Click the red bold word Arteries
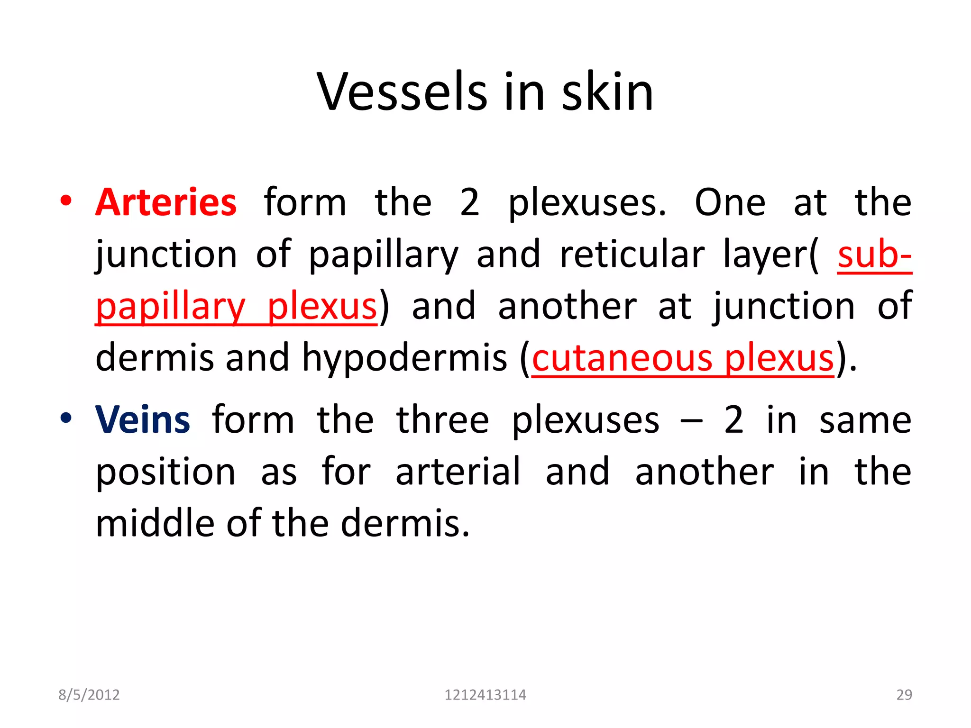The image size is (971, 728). click(x=166, y=202)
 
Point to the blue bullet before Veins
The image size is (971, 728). click(x=66, y=418)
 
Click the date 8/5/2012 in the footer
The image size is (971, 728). click(x=89, y=695)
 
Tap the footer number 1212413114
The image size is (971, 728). click(x=485, y=695)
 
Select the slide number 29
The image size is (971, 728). click(x=904, y=695)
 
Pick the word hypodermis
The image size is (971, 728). click(x=404, y=358)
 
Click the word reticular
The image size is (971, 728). click(x=632, y=255)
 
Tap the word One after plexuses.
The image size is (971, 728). click(x=730, y=202)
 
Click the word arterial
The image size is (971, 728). click(x=458, y=472)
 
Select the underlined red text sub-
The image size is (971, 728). click(x=874, y=255)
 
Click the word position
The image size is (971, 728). click(x=165, y=472)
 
